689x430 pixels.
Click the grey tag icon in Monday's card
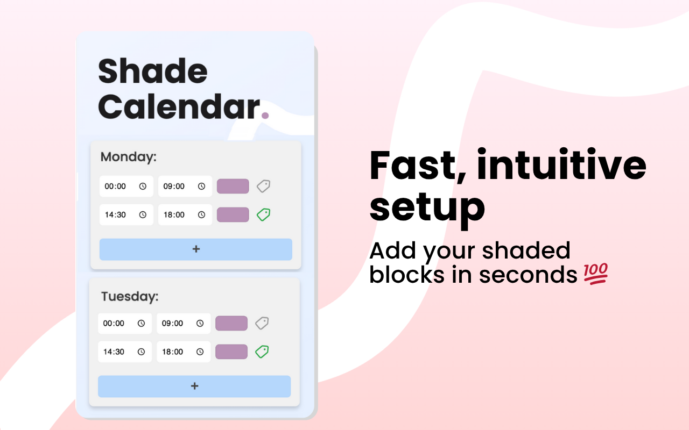pyautogui.click(x=263, y=186)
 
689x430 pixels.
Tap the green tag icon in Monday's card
pyautogui.click(x=263, y=214)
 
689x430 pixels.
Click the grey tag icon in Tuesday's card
pyautogui.click(x=262, y=323)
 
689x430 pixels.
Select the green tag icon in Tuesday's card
pyautogui.click(x=262, y=352)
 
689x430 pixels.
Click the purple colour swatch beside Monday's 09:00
pyautogui.click(x=233, y=186)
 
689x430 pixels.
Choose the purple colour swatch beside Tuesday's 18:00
pyautogui.click(x=231, y=352)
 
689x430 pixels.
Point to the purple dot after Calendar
pyautogui.click(x=264, y=114)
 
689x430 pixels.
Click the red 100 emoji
pyautogui.click(x=595, y=274)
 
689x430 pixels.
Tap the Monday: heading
pyautogui.click(x=128, y=157)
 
